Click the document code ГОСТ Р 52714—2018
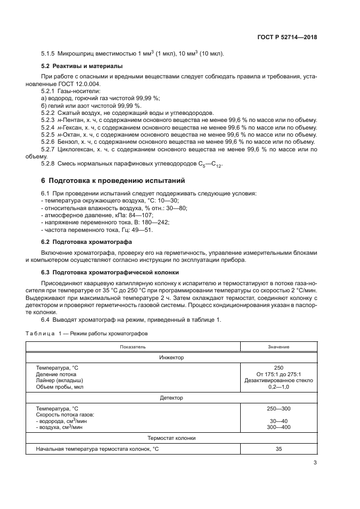tap(287, 38)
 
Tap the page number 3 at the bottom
tap(315, 463)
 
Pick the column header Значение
tap(278, 346)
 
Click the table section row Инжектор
tap(172, 357)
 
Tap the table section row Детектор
tap(172, 397)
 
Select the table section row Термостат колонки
tap(172, 438)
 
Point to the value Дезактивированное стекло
tap(278, 381)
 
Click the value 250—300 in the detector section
tap(278, 408)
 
